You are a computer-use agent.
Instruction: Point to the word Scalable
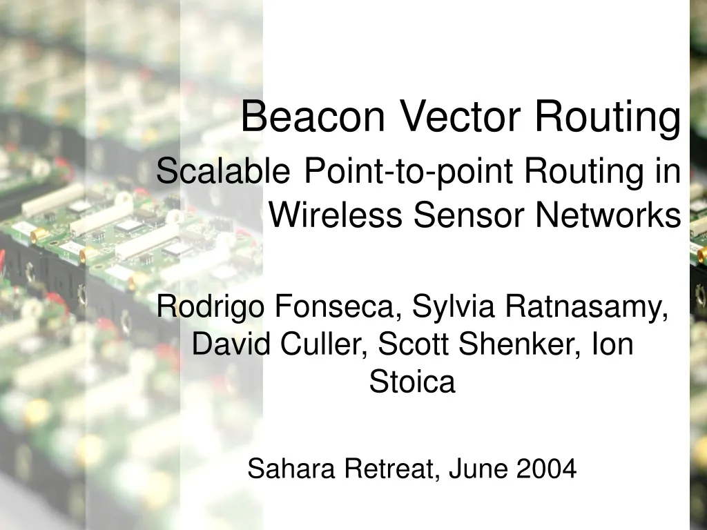tap(223, 171)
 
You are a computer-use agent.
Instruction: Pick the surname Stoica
tap(412, 382)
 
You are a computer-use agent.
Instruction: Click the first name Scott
tap(411, 343)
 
